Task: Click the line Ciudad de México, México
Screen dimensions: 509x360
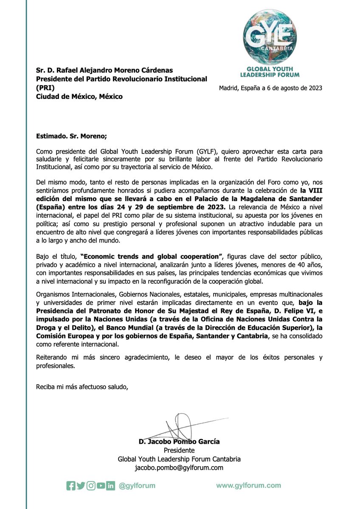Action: point(79,96)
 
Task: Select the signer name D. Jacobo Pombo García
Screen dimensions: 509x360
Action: point(179,442)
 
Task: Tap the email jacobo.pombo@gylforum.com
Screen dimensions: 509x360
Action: point(179,467)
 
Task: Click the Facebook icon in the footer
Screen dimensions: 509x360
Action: point(70,486)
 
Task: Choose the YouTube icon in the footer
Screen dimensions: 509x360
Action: point(101,486)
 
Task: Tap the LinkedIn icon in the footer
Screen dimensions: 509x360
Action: point(111,486)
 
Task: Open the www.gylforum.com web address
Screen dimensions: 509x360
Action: point(248,485)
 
